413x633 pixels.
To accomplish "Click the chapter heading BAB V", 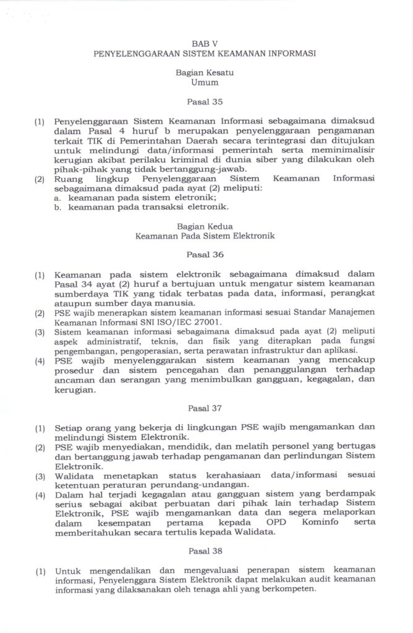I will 205,44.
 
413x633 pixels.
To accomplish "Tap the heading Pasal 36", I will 205,254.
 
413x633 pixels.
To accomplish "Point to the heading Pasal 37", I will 205,408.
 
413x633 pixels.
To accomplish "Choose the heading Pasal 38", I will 205,550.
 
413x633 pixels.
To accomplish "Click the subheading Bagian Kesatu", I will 205,72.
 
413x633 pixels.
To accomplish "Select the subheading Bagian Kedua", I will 205,226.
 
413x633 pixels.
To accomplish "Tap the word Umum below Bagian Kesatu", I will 205,82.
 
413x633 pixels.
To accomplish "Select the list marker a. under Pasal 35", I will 57,197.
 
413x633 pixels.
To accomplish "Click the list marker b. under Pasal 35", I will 57,207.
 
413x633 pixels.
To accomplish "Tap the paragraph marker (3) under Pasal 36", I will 40,332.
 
